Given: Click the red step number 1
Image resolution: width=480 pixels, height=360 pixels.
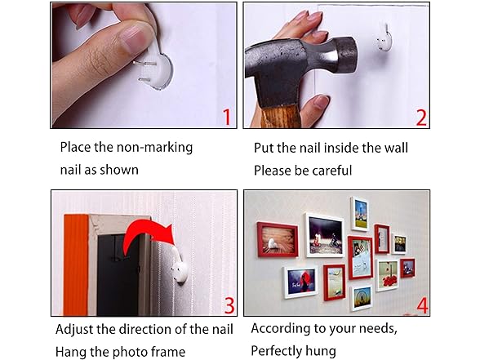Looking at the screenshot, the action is [x=227, y=118].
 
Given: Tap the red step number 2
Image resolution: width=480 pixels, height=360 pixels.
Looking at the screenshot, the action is [x=421, y=118].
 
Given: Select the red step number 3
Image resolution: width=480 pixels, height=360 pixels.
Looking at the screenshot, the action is [x=229, y=305].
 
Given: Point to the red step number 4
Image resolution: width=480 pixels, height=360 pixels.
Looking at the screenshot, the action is [x=423, y=305].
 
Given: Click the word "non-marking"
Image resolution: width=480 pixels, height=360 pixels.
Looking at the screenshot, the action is [x=154, y=147].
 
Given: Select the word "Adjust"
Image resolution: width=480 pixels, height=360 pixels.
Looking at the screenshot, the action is [x=75, y=330].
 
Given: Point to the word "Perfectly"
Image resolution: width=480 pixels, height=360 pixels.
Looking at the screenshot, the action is [x=277, y=351].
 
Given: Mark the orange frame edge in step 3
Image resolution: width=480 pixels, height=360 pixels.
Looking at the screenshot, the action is [x=77, y=265].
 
